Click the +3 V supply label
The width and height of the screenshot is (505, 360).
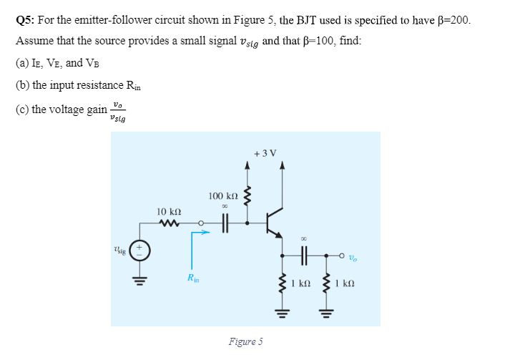point(265,152)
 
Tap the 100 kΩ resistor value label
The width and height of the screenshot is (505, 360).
point(223,195)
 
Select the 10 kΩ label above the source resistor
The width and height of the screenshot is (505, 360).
point(169,211)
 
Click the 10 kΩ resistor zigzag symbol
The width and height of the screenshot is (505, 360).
point(170,223)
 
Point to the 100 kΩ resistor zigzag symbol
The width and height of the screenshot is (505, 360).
point(248,195)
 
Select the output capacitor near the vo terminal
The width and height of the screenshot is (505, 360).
point(303,254)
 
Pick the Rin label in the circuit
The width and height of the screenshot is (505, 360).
point(192,277)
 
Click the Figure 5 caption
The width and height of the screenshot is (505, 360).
point(245,341)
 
